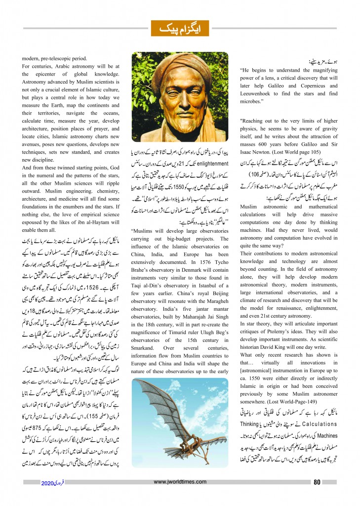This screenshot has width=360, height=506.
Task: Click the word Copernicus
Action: point(304,93)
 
